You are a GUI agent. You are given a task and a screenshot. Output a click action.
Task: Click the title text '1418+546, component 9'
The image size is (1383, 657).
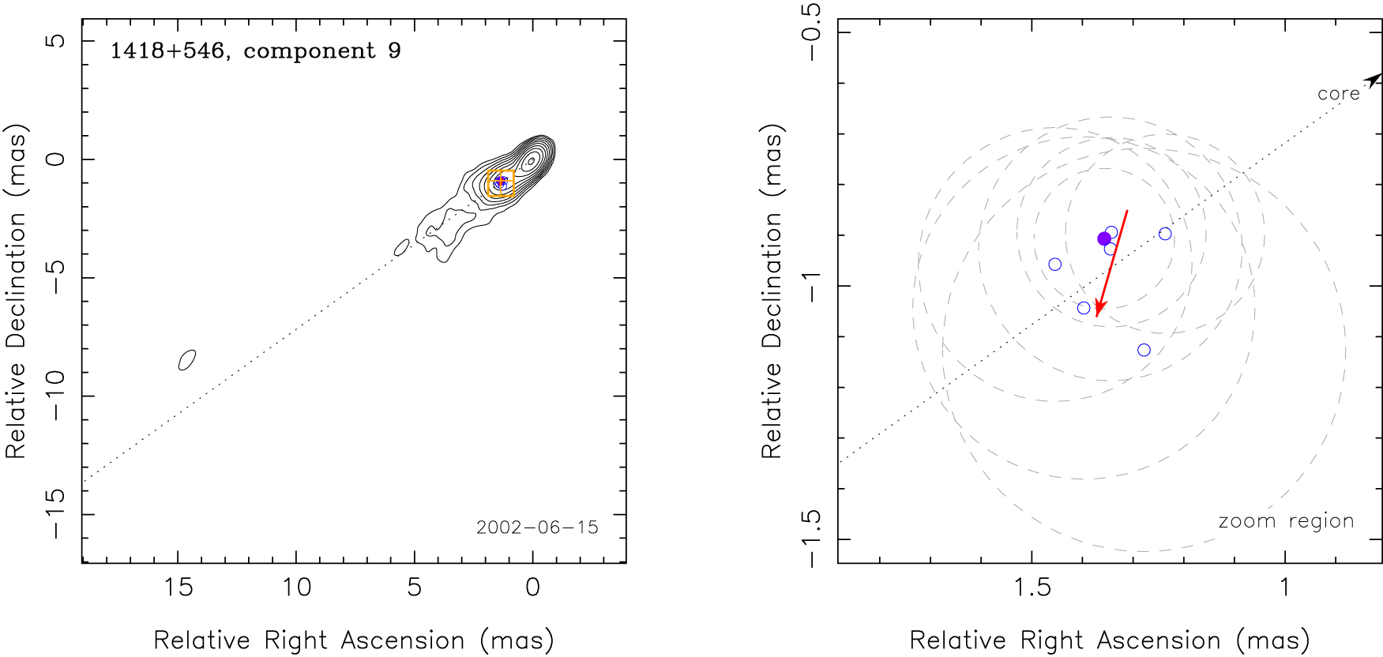point(255,51)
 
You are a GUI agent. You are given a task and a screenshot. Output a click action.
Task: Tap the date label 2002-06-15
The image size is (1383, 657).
point(537,527)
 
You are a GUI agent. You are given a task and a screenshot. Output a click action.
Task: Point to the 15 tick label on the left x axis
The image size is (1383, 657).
point(178,588)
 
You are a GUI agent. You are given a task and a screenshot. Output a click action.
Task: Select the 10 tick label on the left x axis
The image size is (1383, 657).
point(296,588)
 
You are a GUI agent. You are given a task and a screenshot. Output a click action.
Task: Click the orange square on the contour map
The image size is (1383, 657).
point(501,183)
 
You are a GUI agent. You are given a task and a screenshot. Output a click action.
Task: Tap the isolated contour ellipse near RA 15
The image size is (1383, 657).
point(186,359)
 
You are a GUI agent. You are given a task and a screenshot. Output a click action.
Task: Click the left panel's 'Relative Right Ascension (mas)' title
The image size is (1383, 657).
point(353,640)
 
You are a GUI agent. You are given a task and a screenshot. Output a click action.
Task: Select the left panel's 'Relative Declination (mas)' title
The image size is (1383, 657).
point(17,291)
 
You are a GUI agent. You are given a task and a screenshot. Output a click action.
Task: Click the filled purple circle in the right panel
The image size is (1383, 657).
point(1104,239)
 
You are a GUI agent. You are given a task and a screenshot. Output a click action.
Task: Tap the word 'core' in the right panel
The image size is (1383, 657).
point(1338,94)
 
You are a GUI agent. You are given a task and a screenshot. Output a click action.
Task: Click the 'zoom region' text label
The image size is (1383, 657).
point(1286,521)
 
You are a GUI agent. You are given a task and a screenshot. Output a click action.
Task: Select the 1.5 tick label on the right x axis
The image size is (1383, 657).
point(1032,588)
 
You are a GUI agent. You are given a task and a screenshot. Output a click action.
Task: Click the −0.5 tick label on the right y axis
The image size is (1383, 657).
point(811,32)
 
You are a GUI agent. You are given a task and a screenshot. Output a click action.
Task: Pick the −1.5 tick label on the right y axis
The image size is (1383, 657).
point(811,539)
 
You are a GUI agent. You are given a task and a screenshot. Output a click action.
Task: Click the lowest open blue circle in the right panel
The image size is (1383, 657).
point(1144,350)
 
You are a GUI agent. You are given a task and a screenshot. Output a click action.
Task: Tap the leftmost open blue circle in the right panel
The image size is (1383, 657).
point(1054,265)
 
